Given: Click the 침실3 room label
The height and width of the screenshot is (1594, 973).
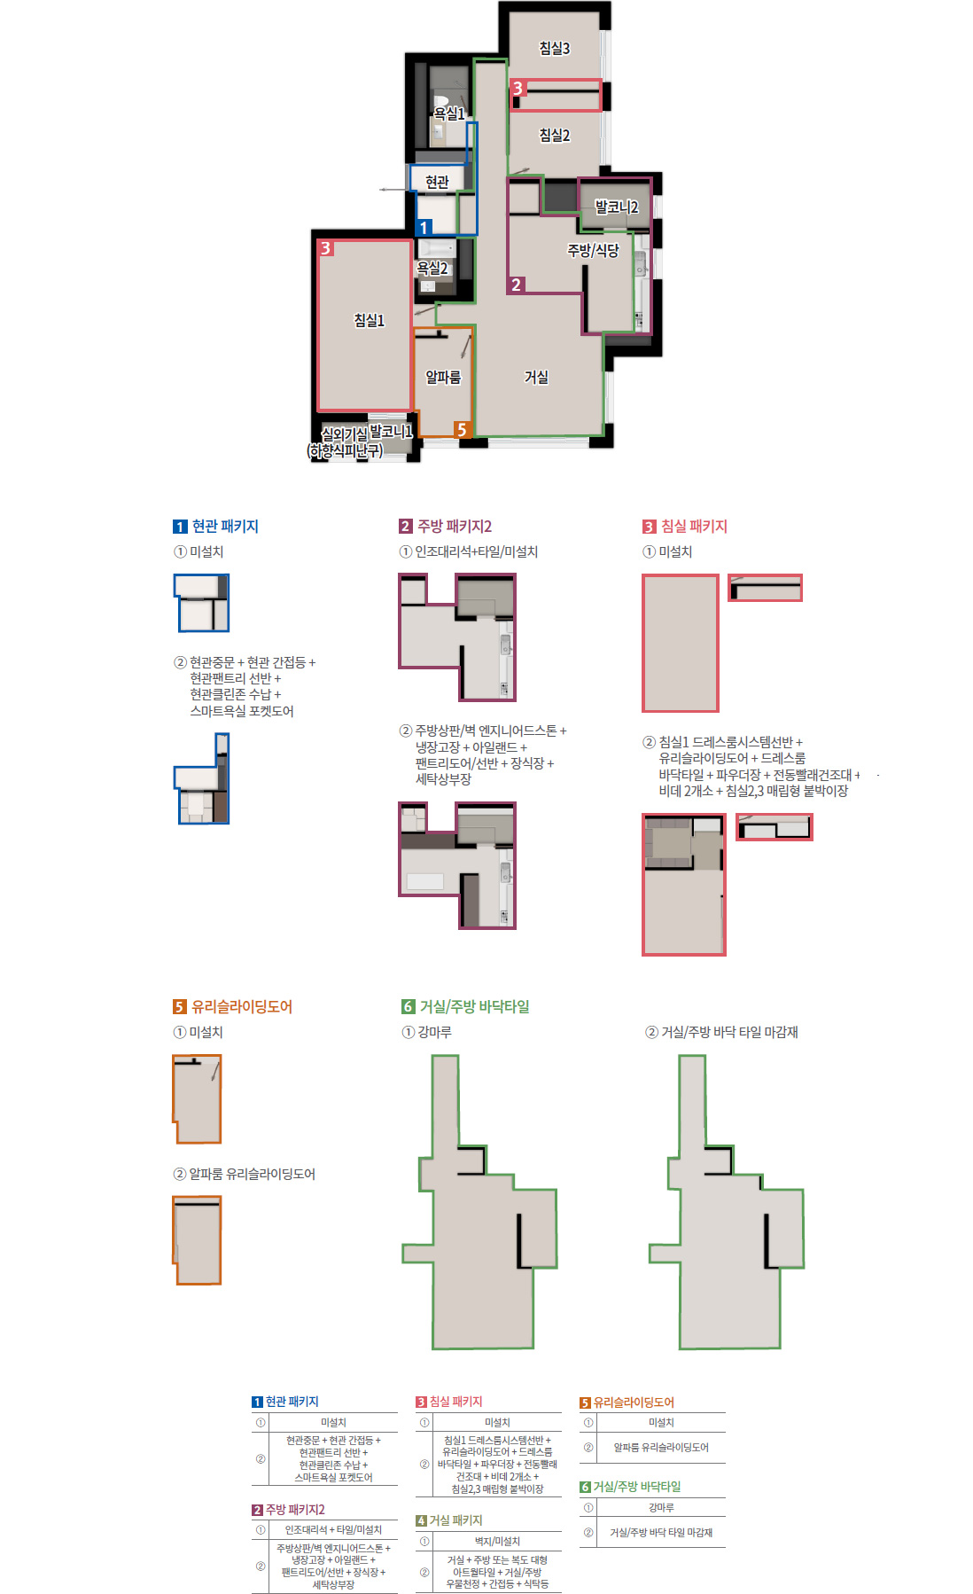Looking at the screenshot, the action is coord(555,48).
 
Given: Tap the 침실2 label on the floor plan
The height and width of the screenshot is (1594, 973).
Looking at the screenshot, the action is coord(555,135).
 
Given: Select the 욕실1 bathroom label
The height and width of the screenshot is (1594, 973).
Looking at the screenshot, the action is coord(448,113).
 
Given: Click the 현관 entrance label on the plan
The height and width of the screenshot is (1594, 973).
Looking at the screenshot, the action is coord(437,182).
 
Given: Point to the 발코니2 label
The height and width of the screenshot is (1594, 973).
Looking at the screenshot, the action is coord(616,207).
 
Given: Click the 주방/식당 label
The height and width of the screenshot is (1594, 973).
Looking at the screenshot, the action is coord(593,250).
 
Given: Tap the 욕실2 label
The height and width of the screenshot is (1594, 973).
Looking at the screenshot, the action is coord(432,268).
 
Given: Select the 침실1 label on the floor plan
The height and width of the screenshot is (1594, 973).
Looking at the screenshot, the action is coord(369,320).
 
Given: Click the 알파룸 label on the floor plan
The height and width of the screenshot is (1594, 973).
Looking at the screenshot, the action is coord(443,378).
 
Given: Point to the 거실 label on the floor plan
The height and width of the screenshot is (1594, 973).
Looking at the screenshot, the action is coord(536,378).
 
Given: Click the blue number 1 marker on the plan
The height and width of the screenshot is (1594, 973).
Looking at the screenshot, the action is coord(424,228).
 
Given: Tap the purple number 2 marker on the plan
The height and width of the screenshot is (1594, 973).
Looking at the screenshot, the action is coord(516,285).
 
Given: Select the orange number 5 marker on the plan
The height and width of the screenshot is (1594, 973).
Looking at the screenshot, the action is coord(461,430).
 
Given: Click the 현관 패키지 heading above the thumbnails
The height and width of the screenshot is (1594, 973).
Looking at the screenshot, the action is coord(225,526).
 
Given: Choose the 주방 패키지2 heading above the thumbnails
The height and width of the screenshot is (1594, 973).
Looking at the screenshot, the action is coord(454,526).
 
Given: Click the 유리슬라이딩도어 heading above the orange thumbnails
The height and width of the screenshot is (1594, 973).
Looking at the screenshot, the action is coord(241,1006).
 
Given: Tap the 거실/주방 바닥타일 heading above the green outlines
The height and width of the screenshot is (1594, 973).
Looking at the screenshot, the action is coord(474,1006).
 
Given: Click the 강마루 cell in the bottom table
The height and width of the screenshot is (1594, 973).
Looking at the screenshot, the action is coord(661,1507).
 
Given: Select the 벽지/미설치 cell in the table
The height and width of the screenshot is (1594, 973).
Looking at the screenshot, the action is coord(497,1541).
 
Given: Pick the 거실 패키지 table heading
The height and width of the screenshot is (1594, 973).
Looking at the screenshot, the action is coord(455,1520).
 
